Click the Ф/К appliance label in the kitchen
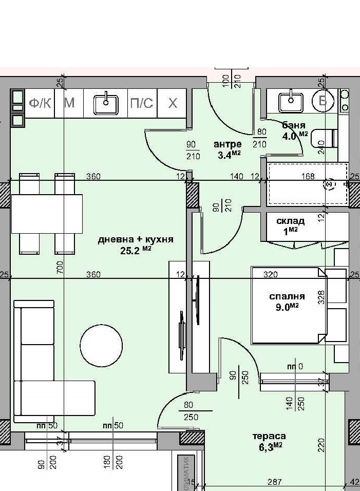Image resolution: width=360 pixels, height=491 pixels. [x=40, y=103]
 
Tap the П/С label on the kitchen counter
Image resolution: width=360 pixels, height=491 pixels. [x=142, y=103]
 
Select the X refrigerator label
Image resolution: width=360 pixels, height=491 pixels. [x=173, y=103]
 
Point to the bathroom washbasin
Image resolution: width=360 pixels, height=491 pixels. [x=291, y=102]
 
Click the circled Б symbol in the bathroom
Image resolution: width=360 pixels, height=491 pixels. [x=323, y=101]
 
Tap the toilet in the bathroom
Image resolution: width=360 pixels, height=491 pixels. [x=324, y=138]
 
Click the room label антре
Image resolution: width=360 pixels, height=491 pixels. [x=228, y=144]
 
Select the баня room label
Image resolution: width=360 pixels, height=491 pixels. [x=294, y=125]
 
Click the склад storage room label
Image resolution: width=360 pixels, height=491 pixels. [x=291, y=221]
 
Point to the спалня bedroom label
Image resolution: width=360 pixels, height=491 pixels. [x=287, y=296]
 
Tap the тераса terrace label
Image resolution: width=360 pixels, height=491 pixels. [x=269, y=436]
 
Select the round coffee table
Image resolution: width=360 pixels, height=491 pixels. [x=101, y=346]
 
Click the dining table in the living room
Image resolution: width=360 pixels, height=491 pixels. [x=47, y=214]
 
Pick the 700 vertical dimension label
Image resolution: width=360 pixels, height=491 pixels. [x=60, y=267]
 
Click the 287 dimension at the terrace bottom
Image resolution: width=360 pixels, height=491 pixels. [x=275, y=482]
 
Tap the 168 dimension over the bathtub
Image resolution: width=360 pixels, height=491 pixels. [x=308, y=176]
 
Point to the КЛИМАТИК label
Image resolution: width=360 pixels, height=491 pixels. [x=186, y=474]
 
